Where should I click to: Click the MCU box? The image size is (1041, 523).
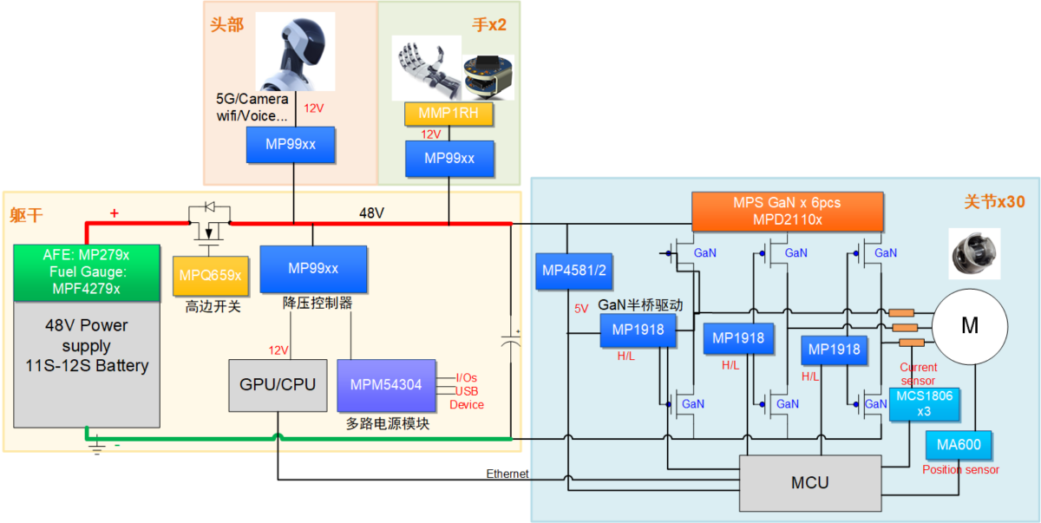point(810,483)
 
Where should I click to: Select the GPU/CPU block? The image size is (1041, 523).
point(278,384)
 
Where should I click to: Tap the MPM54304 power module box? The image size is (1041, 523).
point(386,384)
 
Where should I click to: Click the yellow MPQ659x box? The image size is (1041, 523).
point(210,276)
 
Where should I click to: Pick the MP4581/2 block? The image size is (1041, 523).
point(573,271)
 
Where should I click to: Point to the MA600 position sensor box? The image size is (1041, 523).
point(958,444)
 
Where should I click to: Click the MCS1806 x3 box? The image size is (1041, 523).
point(912,404)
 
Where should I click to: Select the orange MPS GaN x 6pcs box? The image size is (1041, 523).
point(787,212)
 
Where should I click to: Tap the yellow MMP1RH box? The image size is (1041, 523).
point(448,114)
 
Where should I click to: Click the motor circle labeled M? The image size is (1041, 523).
point(970,326)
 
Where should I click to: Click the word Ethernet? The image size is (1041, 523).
point(507,474)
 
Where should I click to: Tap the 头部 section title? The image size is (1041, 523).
point(226,24)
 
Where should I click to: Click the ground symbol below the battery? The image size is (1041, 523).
point(97,448)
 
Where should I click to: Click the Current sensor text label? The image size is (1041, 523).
point(918,374)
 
